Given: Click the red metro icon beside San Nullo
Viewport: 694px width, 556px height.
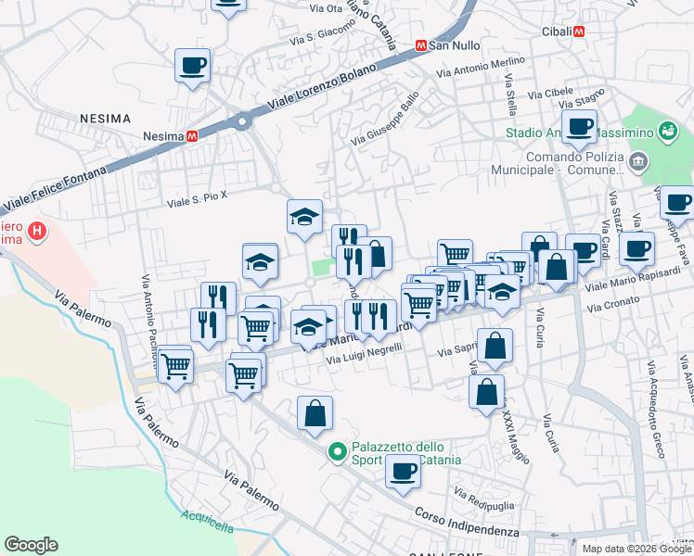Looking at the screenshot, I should click(x=420, y=44).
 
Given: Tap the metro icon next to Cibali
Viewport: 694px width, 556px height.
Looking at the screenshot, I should click(x=581, y=31).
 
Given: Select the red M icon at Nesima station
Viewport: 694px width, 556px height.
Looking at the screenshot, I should click(x=193, y=135).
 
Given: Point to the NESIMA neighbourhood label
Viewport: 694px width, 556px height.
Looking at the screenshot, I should click(x=105, y=119).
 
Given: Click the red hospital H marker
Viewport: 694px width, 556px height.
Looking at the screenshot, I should click(x=36, y=231).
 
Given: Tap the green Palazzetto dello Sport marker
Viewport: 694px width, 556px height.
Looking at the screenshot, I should click(x=337, y=452).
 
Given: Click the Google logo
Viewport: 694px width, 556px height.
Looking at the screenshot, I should click(x=31, y=545).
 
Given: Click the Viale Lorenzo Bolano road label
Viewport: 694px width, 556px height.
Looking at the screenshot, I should click(x=309, y=92).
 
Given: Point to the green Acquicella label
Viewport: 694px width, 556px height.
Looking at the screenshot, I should click(x=208, y=521).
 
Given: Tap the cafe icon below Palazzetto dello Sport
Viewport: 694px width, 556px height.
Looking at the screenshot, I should click(x=403, y=471).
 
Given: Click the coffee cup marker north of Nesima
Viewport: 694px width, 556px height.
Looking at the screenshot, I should click(x=193, y=66).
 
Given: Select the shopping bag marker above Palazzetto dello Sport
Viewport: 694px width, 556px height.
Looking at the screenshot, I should click(x=315, y=412).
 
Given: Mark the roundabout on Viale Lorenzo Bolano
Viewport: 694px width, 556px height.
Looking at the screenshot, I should click(x=243, y=120).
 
